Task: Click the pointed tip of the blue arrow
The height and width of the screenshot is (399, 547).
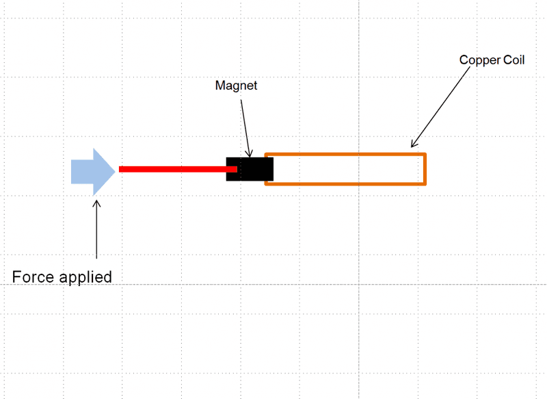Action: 115,171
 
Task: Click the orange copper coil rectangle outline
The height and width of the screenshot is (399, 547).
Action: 345,154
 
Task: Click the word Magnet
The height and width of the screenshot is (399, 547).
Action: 236,86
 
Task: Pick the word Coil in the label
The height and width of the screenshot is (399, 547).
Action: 513,60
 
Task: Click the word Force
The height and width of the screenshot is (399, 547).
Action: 34,276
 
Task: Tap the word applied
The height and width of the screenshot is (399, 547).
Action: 85,277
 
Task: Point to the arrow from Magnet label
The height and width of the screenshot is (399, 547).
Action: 246,123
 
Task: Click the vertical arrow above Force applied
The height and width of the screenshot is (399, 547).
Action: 96,229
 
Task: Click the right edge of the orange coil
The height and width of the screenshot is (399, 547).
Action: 425,169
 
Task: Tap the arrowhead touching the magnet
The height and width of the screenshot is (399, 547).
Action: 250,154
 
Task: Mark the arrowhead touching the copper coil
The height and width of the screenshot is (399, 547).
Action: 413,144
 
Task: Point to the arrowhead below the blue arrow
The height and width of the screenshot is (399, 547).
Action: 96,203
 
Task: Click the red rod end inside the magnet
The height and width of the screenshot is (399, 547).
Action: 234,168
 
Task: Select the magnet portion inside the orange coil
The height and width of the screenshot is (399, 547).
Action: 269,169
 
